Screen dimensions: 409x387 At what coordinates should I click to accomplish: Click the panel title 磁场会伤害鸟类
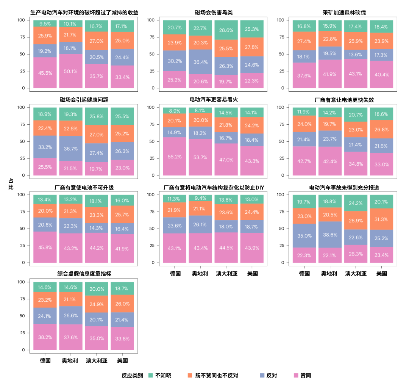214,12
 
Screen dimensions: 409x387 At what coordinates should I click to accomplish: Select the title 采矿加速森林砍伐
344,12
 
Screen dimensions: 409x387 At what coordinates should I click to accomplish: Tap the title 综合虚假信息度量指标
84,273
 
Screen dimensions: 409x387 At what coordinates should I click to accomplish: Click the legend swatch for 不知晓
150,375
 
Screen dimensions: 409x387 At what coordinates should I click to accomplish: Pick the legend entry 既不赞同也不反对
217,376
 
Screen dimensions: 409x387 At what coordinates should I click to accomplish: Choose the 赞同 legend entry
306,376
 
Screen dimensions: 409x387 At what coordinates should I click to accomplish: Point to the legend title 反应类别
132,376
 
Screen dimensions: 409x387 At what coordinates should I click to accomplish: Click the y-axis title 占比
11,184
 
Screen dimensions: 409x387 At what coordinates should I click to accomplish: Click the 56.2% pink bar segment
175,156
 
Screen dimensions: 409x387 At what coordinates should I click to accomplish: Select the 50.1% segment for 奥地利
71,71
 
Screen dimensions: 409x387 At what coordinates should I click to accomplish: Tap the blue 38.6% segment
330,235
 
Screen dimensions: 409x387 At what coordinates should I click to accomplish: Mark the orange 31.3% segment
381,219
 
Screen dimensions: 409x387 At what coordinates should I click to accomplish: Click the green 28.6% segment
226,30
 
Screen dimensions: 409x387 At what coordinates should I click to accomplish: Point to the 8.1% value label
200,110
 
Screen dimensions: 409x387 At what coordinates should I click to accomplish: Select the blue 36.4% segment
200,62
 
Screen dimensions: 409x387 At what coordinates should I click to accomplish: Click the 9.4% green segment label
200,198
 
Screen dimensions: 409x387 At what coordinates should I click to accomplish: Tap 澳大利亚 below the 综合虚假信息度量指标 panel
97,360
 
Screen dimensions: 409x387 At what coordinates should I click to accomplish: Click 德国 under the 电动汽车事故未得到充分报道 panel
304,273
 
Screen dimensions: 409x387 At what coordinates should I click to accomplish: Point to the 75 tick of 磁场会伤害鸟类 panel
152,37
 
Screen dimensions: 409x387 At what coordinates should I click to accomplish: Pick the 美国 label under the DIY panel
252,273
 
